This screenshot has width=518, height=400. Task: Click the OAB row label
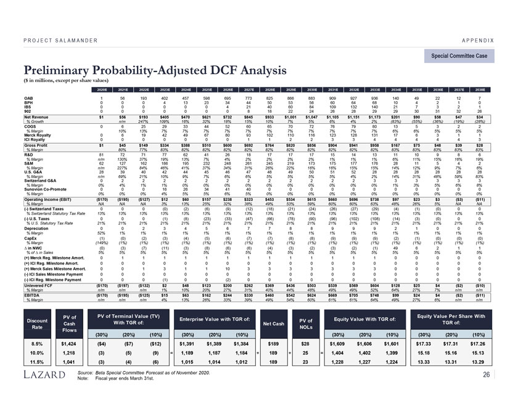point(28,98)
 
